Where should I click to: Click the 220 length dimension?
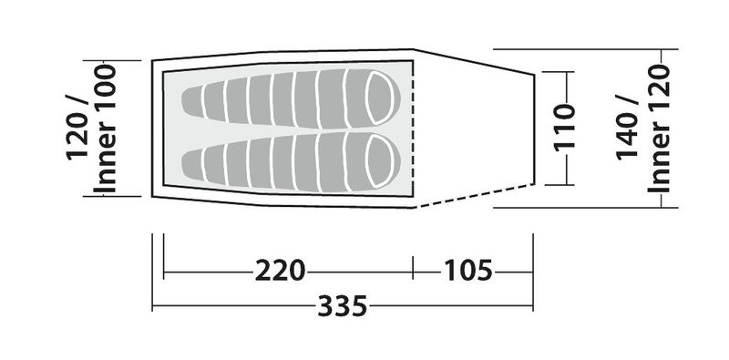point(280,271)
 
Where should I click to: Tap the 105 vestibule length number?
point(468,271)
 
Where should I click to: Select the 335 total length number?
point(343,305)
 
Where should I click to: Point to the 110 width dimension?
point(565,128)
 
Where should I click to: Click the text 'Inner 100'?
point(105,129)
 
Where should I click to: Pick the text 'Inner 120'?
point(659,129)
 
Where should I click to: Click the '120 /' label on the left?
point(77,127)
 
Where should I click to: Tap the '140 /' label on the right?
point(627,127)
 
